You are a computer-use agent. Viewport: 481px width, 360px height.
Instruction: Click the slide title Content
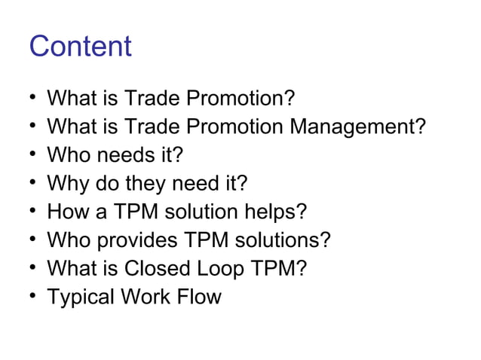coord(80,47)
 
